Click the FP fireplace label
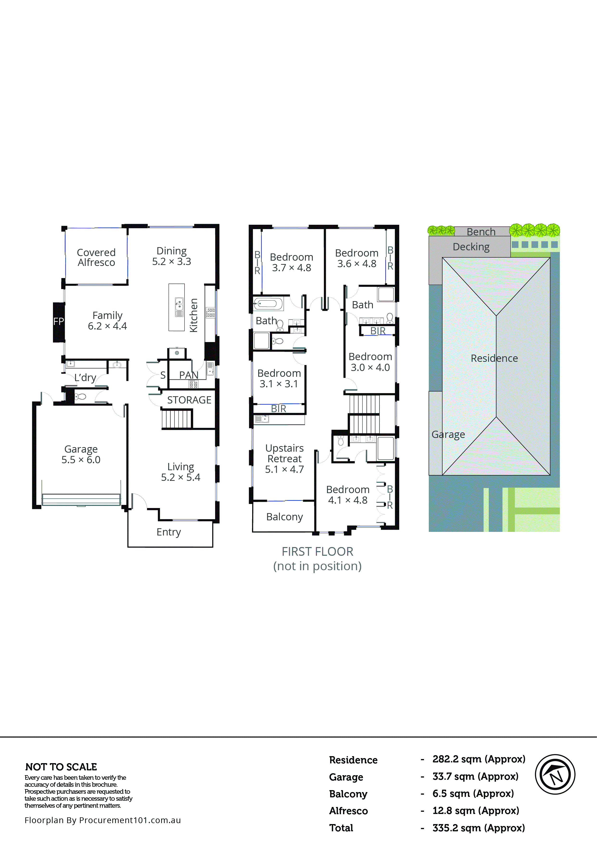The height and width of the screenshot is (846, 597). tap(58, 322)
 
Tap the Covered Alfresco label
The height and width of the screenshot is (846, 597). tap(96, 257)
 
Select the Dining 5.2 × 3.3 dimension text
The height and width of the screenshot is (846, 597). tap(172, 262)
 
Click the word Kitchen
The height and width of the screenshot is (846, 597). tap(194, 315)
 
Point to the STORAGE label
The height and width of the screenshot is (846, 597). tap(189, 400)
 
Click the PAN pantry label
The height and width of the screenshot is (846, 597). tap(189, 375)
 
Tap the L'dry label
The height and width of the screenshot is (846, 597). tap(85, 378)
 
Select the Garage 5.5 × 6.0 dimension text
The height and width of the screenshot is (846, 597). tap(81, 460)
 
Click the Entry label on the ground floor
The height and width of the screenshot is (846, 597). tap(169, 532)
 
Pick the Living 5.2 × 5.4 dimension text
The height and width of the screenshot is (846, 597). tap(181, 477)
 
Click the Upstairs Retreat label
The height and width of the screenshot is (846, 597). tap(284, 454)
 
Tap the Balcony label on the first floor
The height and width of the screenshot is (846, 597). tap(284, 517)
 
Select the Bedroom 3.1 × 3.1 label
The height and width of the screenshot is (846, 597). tap(279, 378)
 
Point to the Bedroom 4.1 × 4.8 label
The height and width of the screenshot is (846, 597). tap(348, 495)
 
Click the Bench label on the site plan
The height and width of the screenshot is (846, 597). tap(481, 232)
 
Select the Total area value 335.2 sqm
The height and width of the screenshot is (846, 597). tap(478, 828)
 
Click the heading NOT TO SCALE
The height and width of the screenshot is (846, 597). tap(61, 767)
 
